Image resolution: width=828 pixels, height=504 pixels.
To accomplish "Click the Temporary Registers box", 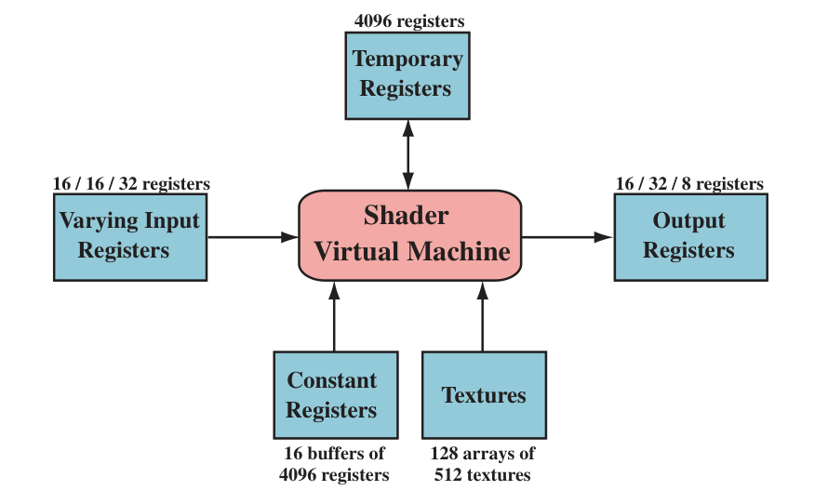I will coord(406,74).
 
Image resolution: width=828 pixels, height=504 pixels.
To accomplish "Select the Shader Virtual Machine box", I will coord(410,234).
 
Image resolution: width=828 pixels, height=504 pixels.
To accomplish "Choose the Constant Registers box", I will coord(335,394).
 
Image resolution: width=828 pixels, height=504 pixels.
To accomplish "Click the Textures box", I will coord(484,394).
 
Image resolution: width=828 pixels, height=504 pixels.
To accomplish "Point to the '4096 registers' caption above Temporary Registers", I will coord(409,20).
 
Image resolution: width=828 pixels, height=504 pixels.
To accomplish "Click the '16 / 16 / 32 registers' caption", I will coord(131,183).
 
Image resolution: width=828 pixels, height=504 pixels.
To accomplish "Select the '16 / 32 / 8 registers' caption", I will coord(689,183).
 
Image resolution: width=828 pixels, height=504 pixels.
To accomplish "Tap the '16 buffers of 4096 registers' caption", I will coord(334,464).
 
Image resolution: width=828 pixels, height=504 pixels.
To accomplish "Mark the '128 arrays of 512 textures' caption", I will coord(482,464).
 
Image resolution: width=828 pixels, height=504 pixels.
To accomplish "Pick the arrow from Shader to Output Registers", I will coord(568,237).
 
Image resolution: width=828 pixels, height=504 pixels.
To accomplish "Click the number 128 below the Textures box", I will coord(444,454).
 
